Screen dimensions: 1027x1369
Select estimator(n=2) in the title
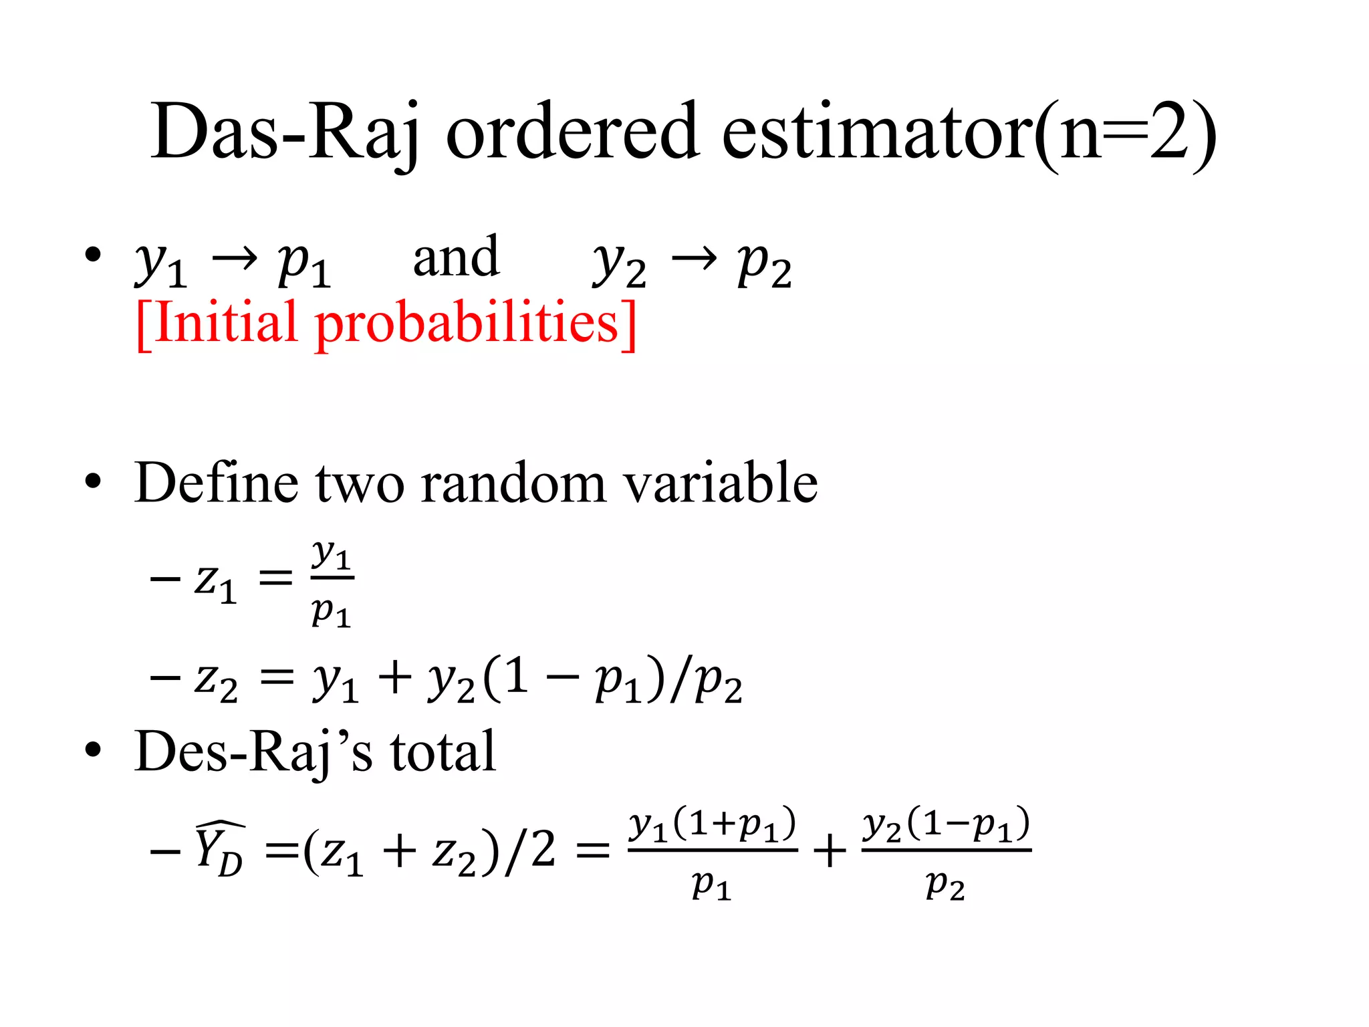pyautogui.click(x=969, y=132)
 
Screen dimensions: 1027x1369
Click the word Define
pyautogui.click(x=216, y=482)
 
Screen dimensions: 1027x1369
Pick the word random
pyautogui.click(x=513, y=483)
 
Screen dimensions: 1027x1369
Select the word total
pyautogui.click(x=443, y=752)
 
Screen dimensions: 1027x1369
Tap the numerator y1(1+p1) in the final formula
pyautogui.click(x=713, y=825)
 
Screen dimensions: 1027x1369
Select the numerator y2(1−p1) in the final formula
pyautogui.click(x=946, y=825)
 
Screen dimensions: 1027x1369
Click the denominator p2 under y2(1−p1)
pyautogui.click(x=945, y=886)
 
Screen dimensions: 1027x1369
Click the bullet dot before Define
pyautogui.click(x=93, y=482)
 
